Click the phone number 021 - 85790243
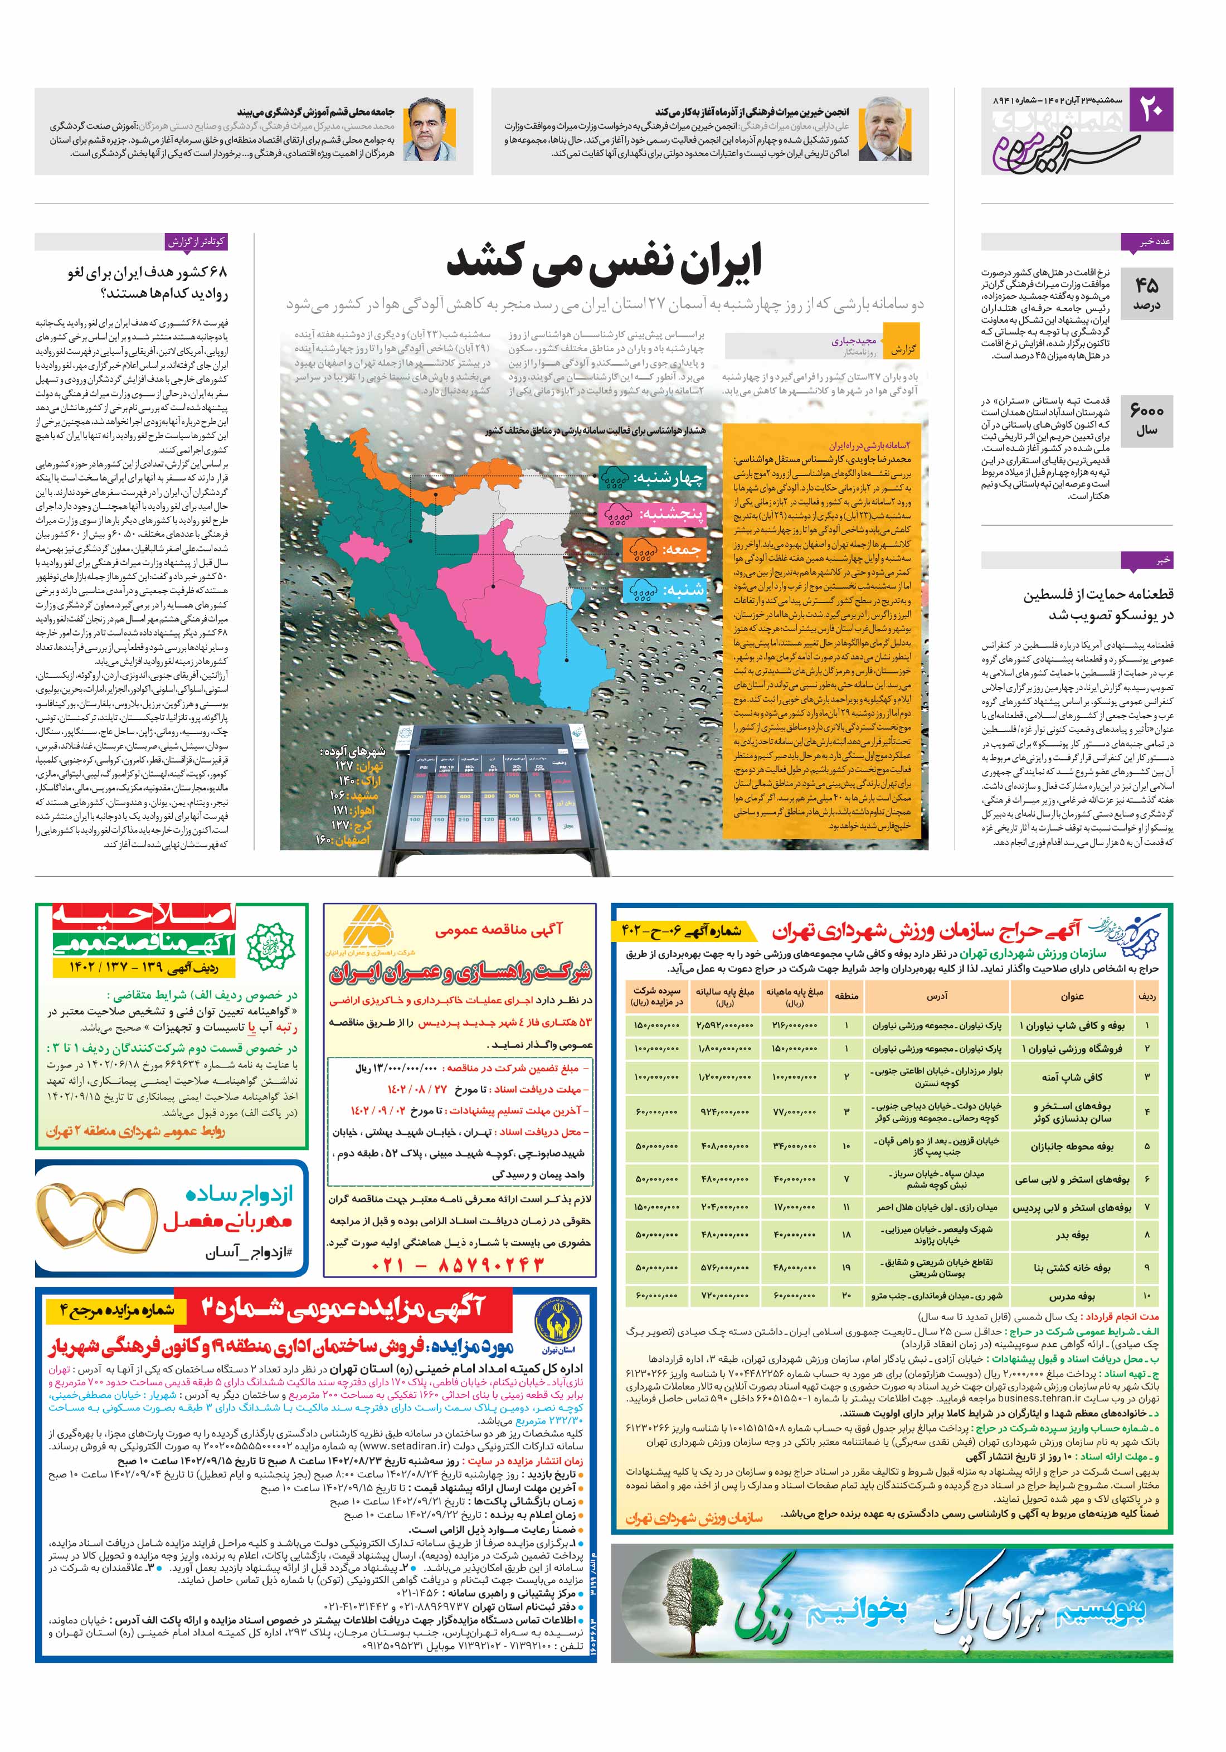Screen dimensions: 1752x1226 458,1266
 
